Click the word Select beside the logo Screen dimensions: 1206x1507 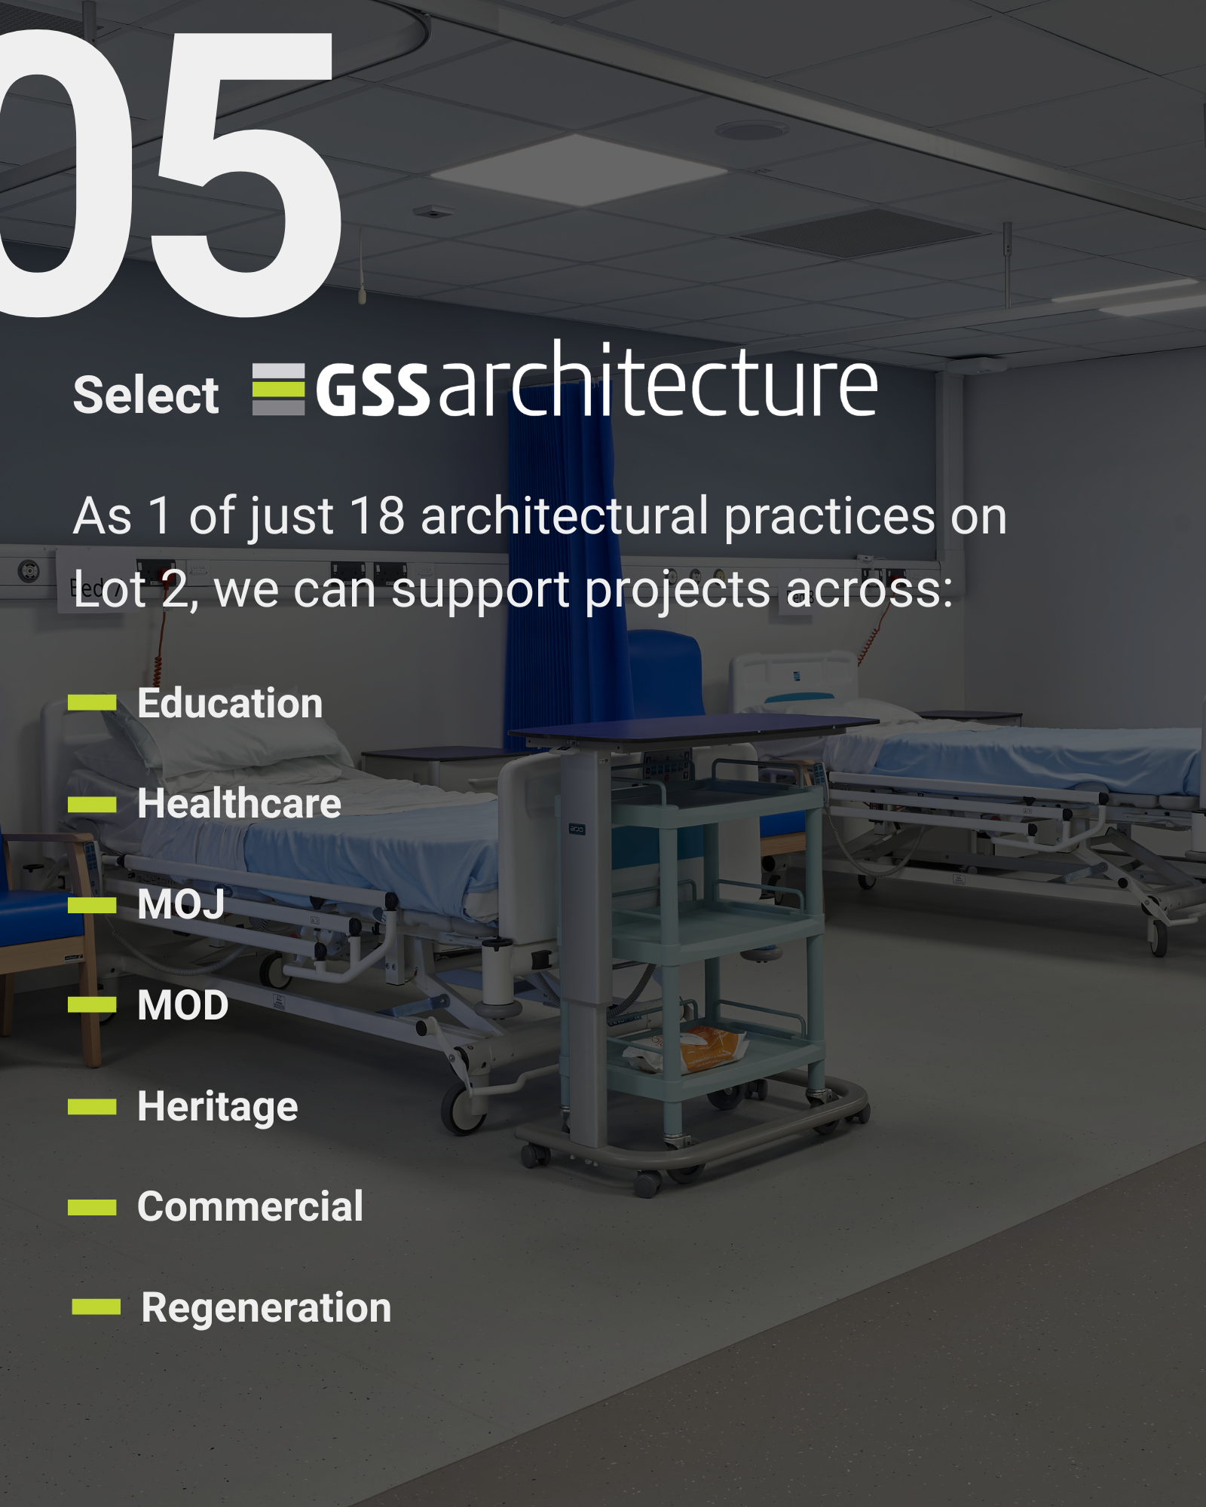[145, 395]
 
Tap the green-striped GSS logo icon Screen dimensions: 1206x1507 [278, 390]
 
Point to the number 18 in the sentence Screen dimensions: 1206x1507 [377, 516]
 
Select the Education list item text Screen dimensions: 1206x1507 [230, 703]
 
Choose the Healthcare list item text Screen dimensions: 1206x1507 [239, 803]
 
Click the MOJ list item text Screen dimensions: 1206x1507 [181, 904]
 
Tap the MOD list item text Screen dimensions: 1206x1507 [182, 1004]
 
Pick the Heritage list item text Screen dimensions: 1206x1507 [218, 1107]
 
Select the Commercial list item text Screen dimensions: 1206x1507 [250, 1206]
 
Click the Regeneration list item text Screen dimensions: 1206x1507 [266, 1308]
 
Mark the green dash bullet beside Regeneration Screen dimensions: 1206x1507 [96, 1307]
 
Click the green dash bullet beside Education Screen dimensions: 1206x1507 [92, 702]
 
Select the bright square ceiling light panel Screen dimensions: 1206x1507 [579, 170]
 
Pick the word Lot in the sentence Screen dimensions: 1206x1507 [109, 589]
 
